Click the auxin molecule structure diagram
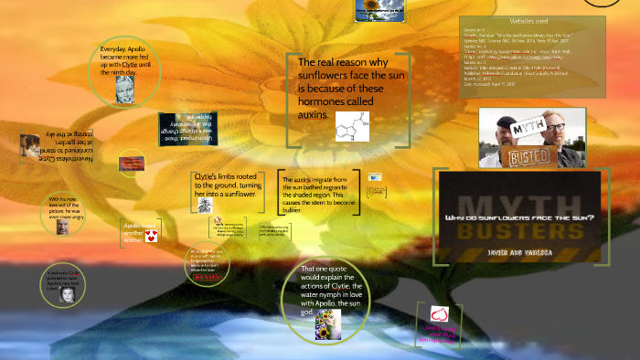(x=352, y=125)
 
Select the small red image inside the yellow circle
(x=131, y=164)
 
